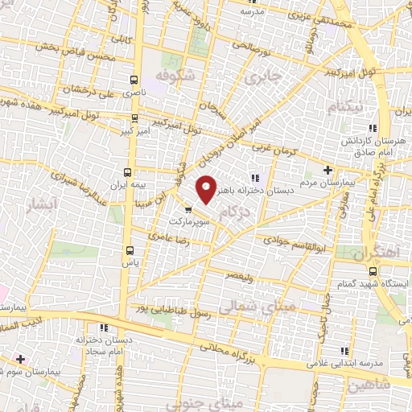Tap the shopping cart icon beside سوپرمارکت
[188, 211]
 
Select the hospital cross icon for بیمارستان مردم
[327, 170]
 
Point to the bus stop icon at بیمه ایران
[127, 172]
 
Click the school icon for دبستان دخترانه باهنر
[255, 178]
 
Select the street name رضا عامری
[170, 235]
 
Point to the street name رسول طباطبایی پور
[179, 309]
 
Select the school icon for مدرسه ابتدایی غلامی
[345, 352]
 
